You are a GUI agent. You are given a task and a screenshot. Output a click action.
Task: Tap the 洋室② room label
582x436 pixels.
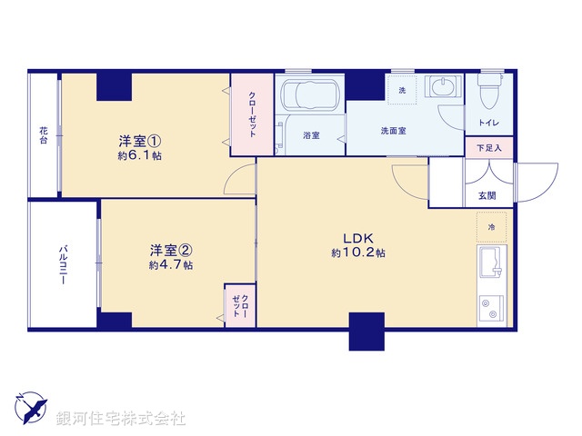pyautogui.click(x=170, y=250)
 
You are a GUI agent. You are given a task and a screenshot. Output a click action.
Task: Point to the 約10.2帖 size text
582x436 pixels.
pyautogui.click(x=358, y=253)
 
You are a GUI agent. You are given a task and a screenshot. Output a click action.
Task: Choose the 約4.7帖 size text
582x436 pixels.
pyautogui.click(x=170, y=265)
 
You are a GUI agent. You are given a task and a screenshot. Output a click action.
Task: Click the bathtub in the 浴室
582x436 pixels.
pyautogui.click(x=309, y=95)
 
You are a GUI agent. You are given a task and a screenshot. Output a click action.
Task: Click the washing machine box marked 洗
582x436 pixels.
pyautogui.click(x=404, y=89)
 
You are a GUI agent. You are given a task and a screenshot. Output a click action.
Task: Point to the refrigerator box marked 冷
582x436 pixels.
pyautogui.click(x=491, y=226)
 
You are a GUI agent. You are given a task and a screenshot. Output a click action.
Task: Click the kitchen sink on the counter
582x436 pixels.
pyautogui.click(x=490, y=263)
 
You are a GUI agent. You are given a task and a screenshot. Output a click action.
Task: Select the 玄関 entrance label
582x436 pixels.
pyautogui.click(x=487, y=195)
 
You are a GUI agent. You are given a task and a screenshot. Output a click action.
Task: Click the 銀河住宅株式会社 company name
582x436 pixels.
pyautogui.click(x=121, y=419)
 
